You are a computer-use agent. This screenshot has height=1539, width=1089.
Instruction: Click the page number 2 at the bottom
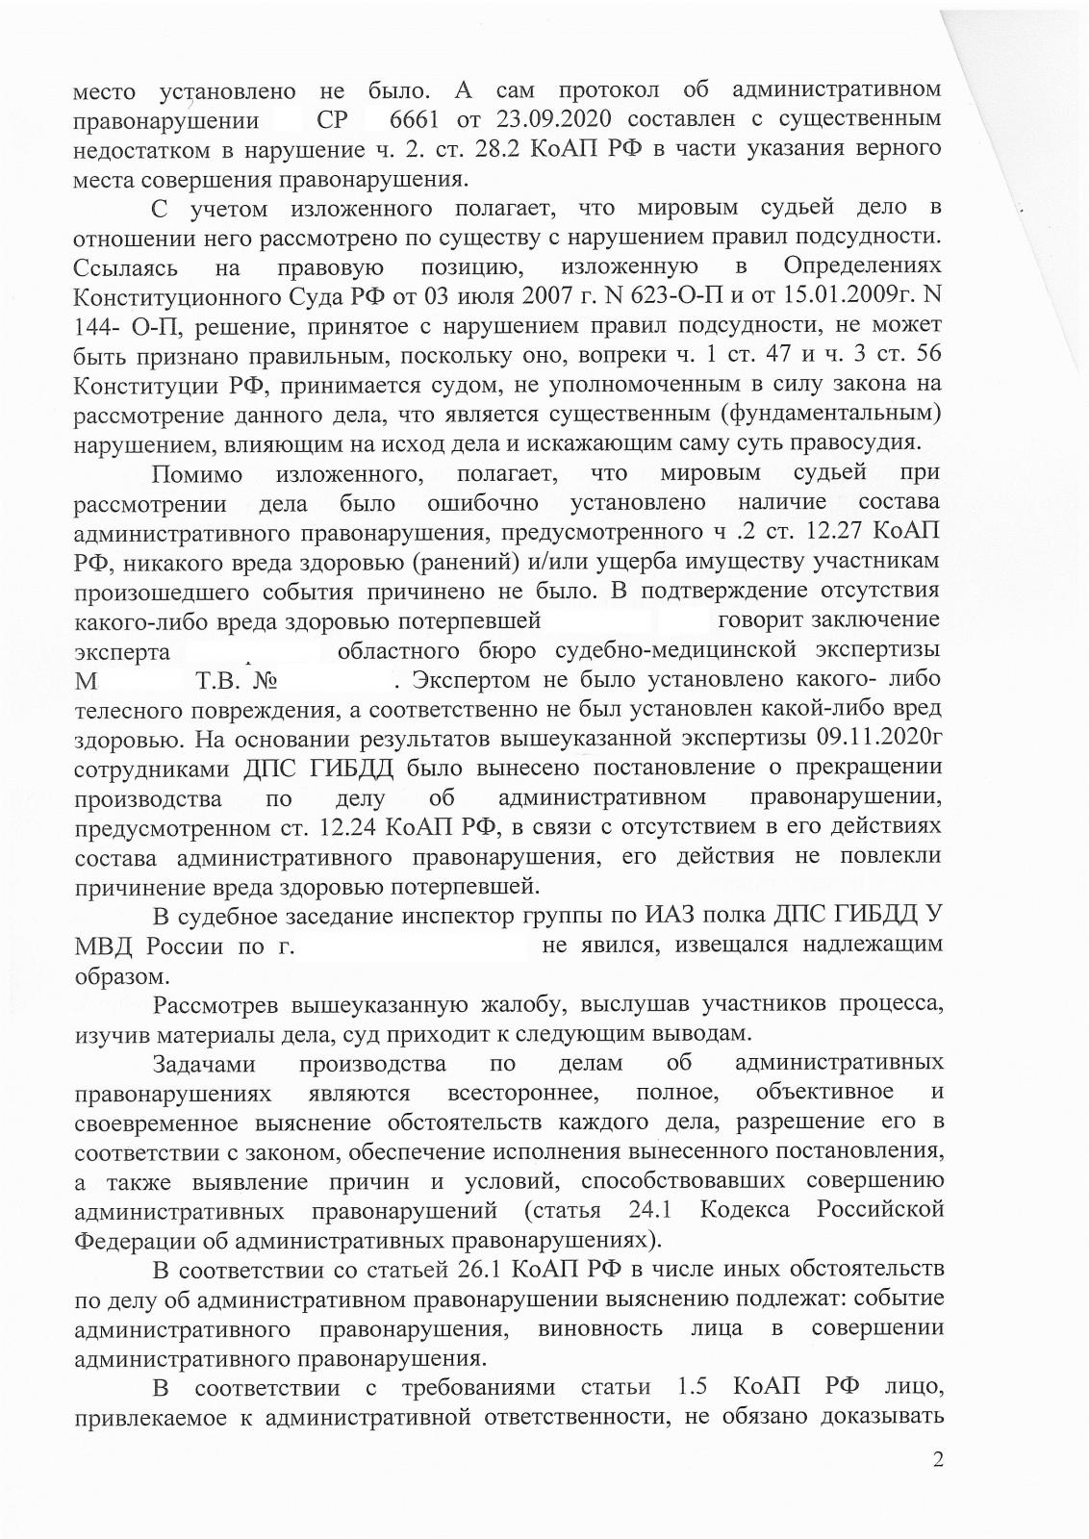[x=937, y=1486]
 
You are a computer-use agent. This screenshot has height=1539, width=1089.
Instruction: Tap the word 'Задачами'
[x=204, y=1065]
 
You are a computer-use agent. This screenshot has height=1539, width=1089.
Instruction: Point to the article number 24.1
[x=656, y=1210]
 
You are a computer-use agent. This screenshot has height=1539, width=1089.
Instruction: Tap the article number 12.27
[x=823, y=532]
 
